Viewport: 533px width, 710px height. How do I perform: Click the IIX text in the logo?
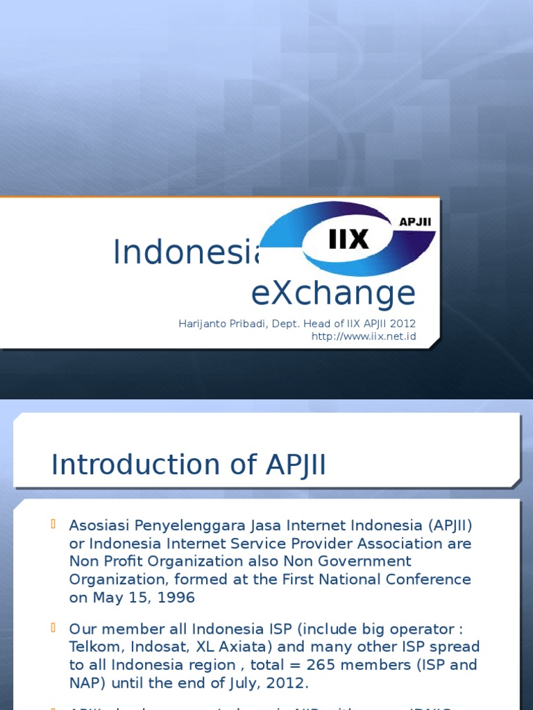tap(348, 239)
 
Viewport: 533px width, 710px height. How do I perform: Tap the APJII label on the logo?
tap(416, 221)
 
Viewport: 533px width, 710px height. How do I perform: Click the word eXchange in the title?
tap(333, 293)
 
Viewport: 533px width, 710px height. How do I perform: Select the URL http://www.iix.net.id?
tap(364, 336)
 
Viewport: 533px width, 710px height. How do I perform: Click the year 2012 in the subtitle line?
tap(403, 324)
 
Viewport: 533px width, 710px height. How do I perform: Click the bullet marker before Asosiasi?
tap(53, 523)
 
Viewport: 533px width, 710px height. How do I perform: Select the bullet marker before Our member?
tap(53, 627)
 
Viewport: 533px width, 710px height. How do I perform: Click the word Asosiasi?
tap(98, 525)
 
